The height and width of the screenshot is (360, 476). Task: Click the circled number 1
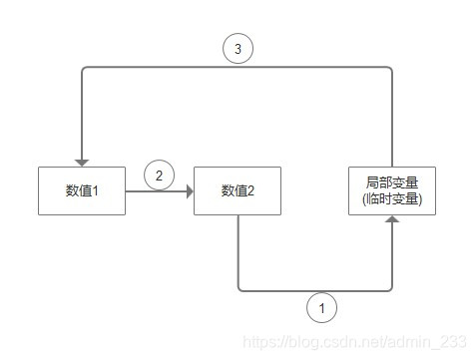[322, 309]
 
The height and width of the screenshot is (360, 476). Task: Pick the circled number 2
[159, 176]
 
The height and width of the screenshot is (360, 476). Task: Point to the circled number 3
[238, 47]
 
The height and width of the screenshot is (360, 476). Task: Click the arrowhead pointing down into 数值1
[82, 161]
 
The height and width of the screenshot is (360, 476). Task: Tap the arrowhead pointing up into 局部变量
[393, 219]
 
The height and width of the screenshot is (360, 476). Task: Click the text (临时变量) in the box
[393, 198]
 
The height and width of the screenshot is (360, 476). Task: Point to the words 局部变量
[393, 182]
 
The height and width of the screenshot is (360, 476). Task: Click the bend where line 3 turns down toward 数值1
[83, 69]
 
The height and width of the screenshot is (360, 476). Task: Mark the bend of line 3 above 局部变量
[392, 69]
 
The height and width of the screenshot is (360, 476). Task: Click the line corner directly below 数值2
[238, 290]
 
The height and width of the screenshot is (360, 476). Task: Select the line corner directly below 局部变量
[392, 290]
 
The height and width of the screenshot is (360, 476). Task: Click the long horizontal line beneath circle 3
[299, 68]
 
